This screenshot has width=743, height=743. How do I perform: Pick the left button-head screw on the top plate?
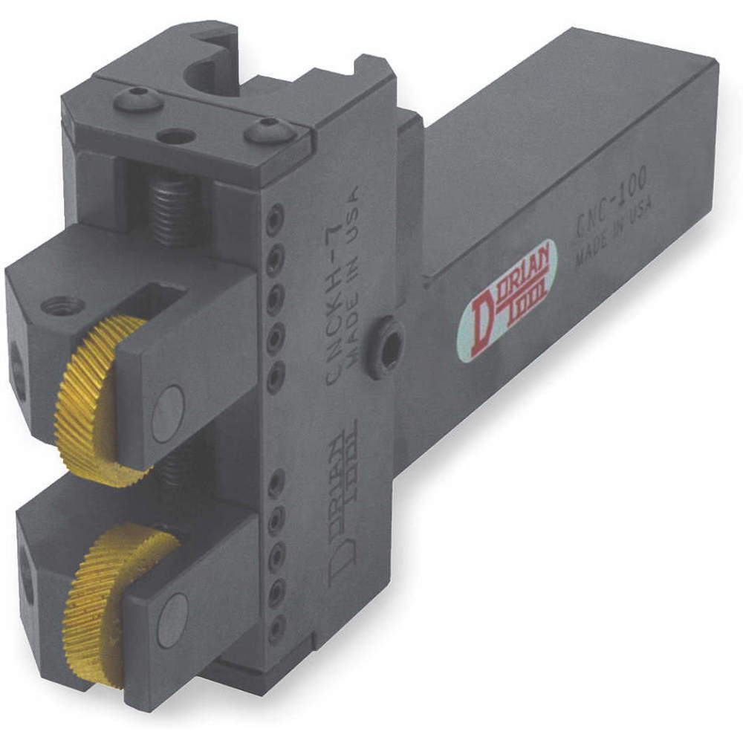[137, 100]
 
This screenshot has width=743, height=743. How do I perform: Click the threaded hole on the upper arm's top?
[61, 305]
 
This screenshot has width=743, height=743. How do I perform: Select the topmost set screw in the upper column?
[276, 216]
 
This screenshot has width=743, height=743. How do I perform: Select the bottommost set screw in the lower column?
[276, 629]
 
